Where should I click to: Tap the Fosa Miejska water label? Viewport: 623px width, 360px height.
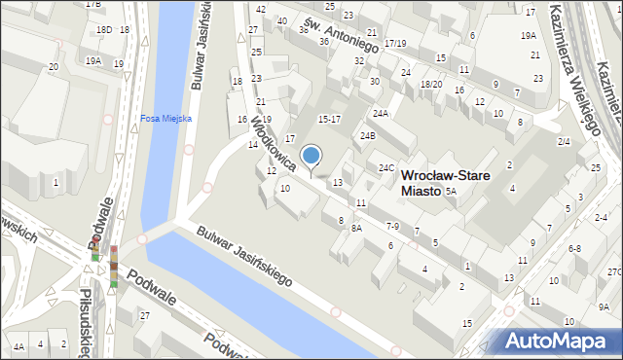point(166,119)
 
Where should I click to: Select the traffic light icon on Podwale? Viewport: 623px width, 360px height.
point(113,267)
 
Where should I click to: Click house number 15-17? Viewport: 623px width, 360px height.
point(329,119)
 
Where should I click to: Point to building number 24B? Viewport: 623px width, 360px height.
point(368,135)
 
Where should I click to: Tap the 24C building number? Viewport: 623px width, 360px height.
point(386,168)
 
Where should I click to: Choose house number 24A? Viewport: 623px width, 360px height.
point(381,114)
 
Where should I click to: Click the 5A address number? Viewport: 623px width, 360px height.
point(451,192)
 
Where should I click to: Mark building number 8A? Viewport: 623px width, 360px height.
point(357,228)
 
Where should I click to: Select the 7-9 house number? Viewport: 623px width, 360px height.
point(392,226)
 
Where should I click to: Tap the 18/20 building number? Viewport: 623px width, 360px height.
point(430,85)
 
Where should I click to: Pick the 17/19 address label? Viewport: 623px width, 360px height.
point(395,44)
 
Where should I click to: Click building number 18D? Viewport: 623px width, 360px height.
point(103,30)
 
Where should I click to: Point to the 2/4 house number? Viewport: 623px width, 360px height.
point(564,142)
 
